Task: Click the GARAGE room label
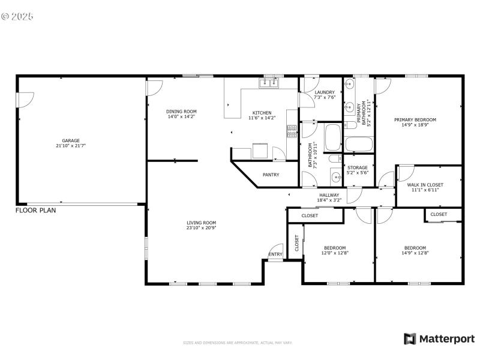[x=71, y=140]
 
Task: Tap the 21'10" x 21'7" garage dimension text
[x=71, y=146]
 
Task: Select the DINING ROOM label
[x=181, y=112]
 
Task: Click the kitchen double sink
[x=268, y=83]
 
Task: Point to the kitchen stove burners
[x=292, y=131]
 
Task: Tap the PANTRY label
[x=271, y=175]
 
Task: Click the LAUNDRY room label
[x=325, y=92]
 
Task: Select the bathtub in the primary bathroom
[x=359, y=145]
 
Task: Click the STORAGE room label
[x=358, y=167]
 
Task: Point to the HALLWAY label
[x=329, y=195]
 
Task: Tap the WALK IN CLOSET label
[x=425, y=185]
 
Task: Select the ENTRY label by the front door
[x=275, y=254]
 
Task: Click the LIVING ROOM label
[x=201, y=223]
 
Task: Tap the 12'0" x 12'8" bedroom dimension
[x=335, y=253]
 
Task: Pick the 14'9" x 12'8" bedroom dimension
[x=415, y=253]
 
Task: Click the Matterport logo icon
[x=410, y=339]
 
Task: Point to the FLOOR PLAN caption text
[x=35, y=211]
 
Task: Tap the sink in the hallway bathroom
[x=336, y=176]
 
